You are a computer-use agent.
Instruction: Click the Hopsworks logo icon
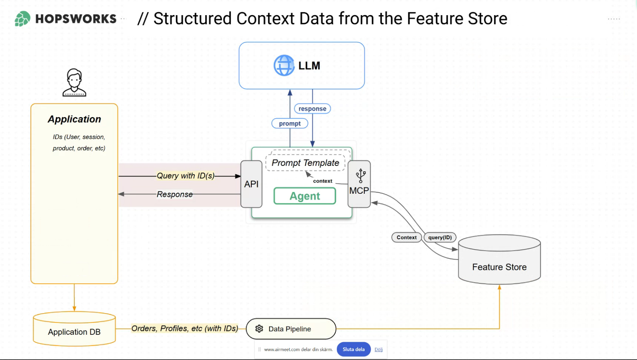[22, 19]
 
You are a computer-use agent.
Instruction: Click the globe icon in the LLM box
[284, 65]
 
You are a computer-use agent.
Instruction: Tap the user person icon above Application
[74, 83]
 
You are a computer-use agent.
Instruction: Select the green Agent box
[305, 196]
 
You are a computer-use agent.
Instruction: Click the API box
[251, 184]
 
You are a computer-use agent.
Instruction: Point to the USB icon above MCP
[361, 176]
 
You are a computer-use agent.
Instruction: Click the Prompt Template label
[305, 163]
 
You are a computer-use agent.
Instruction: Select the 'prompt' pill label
[290, 124]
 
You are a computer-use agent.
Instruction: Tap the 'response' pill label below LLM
[312, 109]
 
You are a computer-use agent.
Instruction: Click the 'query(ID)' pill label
[440, 238]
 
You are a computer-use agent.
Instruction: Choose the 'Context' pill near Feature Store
[406, 238]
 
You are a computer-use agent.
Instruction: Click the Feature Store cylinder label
[499, 267]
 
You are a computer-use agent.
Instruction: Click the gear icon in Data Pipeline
[259, 329]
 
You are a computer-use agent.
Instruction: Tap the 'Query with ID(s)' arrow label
[185, 176]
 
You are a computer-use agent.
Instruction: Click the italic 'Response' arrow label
[175, 194]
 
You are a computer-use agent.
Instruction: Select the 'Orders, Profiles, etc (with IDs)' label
[185, 329]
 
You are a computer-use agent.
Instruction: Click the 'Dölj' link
[378, 350]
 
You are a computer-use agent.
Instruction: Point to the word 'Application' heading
[74, 119]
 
